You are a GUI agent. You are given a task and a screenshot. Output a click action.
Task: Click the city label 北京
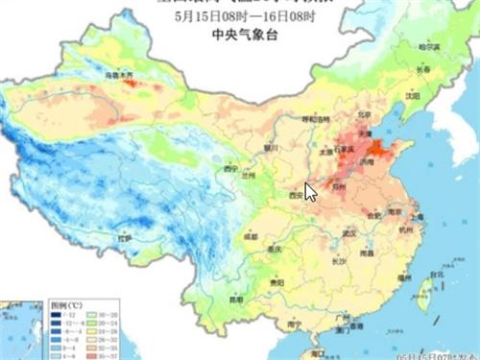pyautogui.click(x=363, y=114)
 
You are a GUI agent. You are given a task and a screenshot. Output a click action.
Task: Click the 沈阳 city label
pyautogui.click(x=413, y=96)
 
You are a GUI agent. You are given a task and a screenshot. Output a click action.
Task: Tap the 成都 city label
pyautogui.click(x=251, y=235)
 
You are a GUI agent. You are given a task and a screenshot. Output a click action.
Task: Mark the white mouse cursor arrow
pyautogui.click(x=310, y=191)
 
